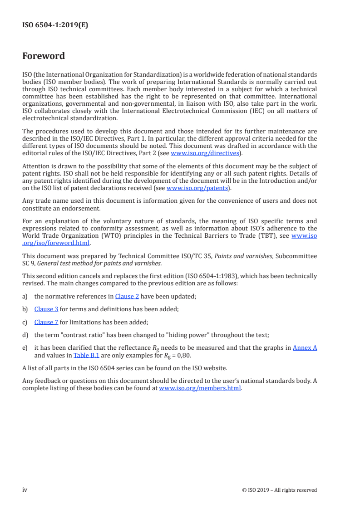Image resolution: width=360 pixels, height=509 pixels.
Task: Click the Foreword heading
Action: click(x=44, y=56)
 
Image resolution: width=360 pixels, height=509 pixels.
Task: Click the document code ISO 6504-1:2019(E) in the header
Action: click(x=55, y=25)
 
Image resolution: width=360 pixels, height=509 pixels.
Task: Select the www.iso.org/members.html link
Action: click(x=200, y=388)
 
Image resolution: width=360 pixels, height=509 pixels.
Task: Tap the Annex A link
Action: click(x=305, y=347)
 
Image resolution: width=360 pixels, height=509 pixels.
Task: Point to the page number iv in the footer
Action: click(x=25, y=489)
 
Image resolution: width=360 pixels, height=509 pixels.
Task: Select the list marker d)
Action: click(x=25, y=335)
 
